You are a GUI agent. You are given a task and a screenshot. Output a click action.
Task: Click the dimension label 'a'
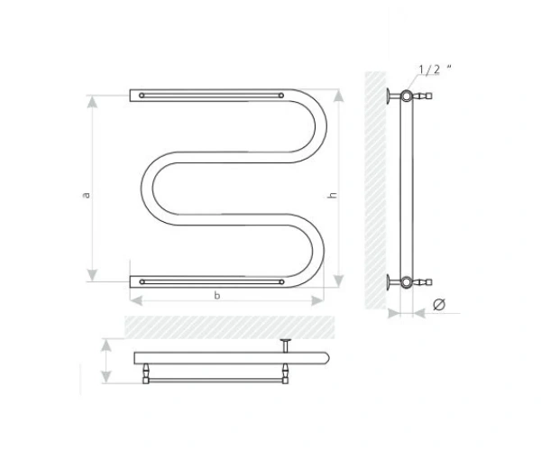(x=87, y=195)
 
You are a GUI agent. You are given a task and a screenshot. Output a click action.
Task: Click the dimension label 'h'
(x=332, y=195)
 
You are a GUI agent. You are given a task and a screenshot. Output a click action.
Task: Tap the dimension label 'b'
(x=217, y=295)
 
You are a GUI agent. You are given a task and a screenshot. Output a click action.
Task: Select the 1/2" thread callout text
(x=435, y=69)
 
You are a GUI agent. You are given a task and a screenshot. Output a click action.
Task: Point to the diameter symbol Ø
(x=439, y=304)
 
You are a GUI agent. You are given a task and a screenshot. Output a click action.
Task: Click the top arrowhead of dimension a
(x=92, y=102)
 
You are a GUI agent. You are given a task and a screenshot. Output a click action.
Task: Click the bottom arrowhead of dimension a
(x=92, y=275)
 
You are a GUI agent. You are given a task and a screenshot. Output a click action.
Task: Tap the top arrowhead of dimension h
(x=339, y=96)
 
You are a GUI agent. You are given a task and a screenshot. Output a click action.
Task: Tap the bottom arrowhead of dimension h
(x=339, y=281)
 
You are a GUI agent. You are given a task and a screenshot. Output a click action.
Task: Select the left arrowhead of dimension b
(x=136, y=300)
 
